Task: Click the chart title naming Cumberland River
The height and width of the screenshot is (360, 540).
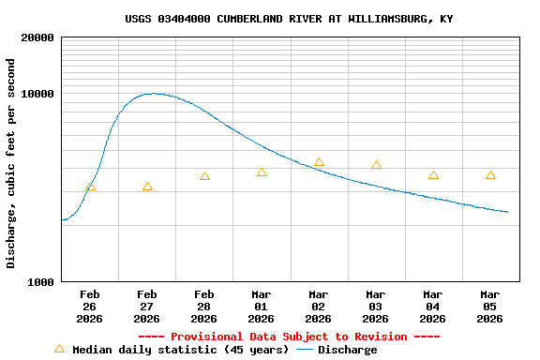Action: click(289, 19)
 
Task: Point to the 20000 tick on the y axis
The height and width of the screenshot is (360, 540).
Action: click(37, 38)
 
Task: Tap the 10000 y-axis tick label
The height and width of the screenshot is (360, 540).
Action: click(37, 95)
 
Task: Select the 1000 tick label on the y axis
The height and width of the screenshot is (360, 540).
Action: click(40, 282)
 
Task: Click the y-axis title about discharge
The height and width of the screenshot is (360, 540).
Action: click(11, 163)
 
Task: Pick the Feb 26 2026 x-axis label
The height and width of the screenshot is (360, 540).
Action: click(90, 306)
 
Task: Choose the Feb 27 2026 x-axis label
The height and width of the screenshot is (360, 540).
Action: click(147, 306)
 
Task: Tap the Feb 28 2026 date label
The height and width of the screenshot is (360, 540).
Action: click(204, 306)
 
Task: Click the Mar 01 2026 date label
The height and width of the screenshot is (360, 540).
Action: click(262, 306)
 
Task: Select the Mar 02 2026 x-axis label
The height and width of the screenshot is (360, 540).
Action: click(319, 306)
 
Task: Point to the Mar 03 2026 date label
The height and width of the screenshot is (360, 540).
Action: click(376, 306)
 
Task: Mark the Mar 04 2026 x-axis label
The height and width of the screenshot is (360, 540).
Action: click(433, 306)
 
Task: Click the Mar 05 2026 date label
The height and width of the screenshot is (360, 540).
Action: click(490, 306)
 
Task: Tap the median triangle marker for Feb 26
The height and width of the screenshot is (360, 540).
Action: click(91, 187)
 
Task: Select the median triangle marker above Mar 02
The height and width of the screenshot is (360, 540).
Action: click(319, 162)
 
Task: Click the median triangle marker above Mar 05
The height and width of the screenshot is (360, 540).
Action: click(490, 175)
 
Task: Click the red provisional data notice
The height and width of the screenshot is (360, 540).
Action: click(289, 337)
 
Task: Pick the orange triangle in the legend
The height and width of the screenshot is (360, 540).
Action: click(60, 349)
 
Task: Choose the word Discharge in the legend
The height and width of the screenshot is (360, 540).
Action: click(347, 350)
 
